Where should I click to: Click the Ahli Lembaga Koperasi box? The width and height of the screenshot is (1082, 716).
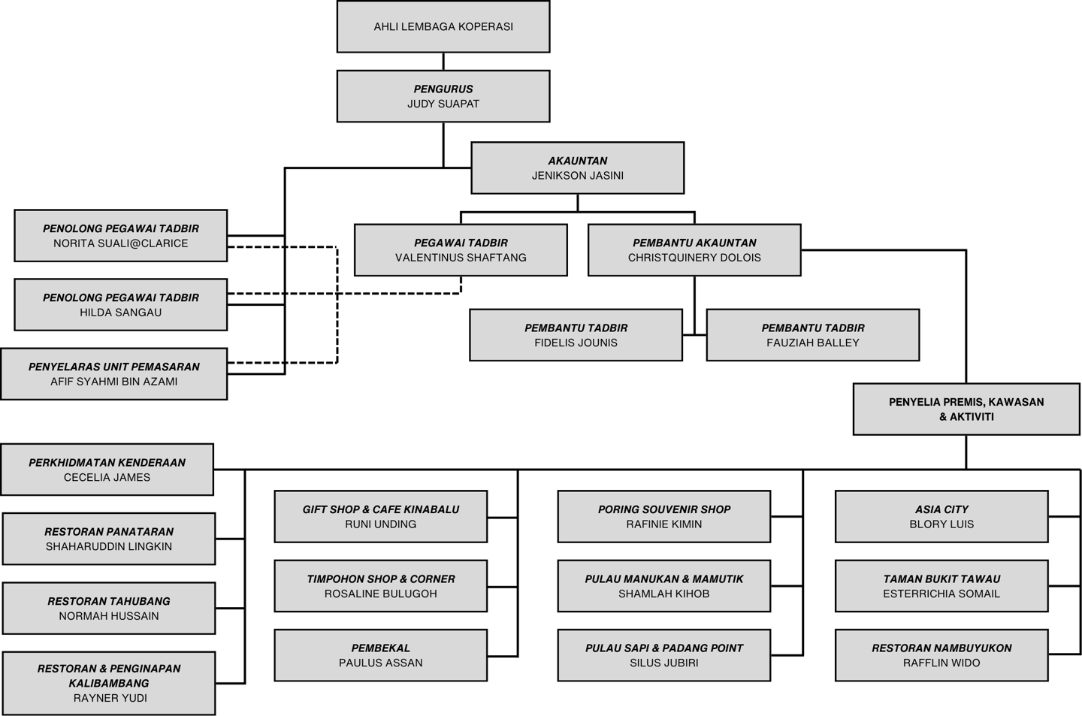click(443, 26)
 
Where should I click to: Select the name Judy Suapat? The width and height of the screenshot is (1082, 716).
click(443, 104)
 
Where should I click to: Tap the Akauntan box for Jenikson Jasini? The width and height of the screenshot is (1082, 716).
click(577, 168)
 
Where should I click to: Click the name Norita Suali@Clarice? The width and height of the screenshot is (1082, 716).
click(121, 243)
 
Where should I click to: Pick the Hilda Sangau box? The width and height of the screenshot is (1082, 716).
click(121, 304)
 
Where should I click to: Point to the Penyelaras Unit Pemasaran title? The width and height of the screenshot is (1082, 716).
click(114, 367)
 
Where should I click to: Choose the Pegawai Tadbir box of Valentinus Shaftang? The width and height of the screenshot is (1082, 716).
click(461, 249)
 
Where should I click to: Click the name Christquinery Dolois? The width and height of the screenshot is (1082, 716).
click(694, 258)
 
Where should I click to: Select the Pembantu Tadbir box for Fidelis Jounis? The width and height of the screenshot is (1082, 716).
click(576, 334)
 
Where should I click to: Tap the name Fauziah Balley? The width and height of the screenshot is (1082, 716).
click(813, 343)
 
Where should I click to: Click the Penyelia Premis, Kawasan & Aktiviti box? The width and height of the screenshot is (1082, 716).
click(966, 409)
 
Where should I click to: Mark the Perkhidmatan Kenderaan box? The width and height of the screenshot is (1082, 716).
click(107, 470)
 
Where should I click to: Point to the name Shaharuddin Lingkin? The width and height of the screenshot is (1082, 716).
click(109, 546)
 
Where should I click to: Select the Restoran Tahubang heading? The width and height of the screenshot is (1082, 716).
click(109, 601)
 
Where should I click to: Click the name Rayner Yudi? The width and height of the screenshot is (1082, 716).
click(110, 698)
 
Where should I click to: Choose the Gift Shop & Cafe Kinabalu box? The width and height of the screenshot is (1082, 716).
click(381, 516)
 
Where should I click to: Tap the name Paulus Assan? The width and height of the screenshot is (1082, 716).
click(381, 663)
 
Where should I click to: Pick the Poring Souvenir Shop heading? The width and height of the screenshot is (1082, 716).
click(664, 509)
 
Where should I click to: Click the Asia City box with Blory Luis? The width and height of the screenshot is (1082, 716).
click(941, 516)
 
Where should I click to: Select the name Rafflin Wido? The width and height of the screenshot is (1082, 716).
click(941, 663)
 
